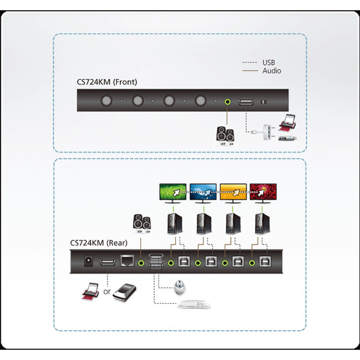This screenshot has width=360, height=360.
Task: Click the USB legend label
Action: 269,62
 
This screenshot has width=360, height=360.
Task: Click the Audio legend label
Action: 272,71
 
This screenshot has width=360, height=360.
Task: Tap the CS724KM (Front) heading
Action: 107,82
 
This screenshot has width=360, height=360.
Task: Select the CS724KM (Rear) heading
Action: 99,243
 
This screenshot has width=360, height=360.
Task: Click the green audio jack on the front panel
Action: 227,101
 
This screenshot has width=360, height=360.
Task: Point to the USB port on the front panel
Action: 246,101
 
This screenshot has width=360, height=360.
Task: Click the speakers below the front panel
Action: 225,136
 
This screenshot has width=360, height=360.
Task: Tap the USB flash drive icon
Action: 287,139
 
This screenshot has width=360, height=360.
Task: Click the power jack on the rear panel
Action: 89,261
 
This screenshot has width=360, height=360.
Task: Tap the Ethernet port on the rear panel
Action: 127,261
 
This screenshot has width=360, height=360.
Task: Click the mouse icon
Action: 179,287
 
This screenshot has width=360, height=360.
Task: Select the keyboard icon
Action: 194,304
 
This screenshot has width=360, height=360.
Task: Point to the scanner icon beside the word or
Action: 125,293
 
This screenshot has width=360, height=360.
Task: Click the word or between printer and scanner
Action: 107,292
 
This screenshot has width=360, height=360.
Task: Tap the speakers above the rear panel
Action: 142,224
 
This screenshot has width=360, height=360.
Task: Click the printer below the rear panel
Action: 91,291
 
